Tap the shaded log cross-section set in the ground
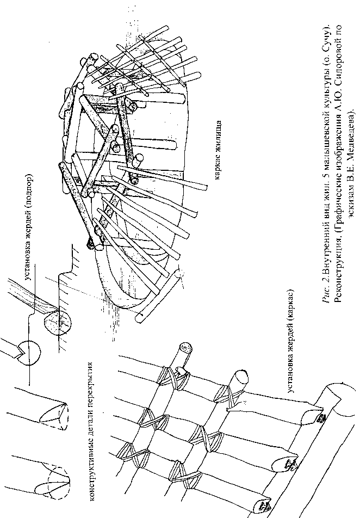coord(56,324)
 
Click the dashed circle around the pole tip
coord(54,479)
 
